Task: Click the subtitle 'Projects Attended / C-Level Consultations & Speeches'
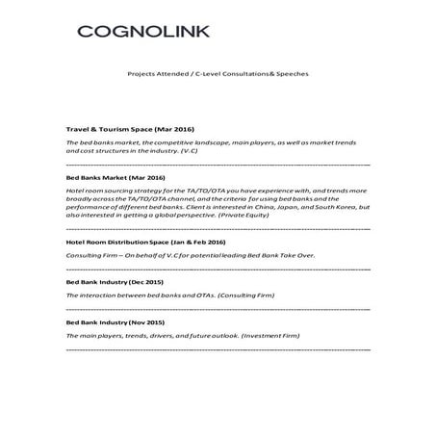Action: click(218, 75)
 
